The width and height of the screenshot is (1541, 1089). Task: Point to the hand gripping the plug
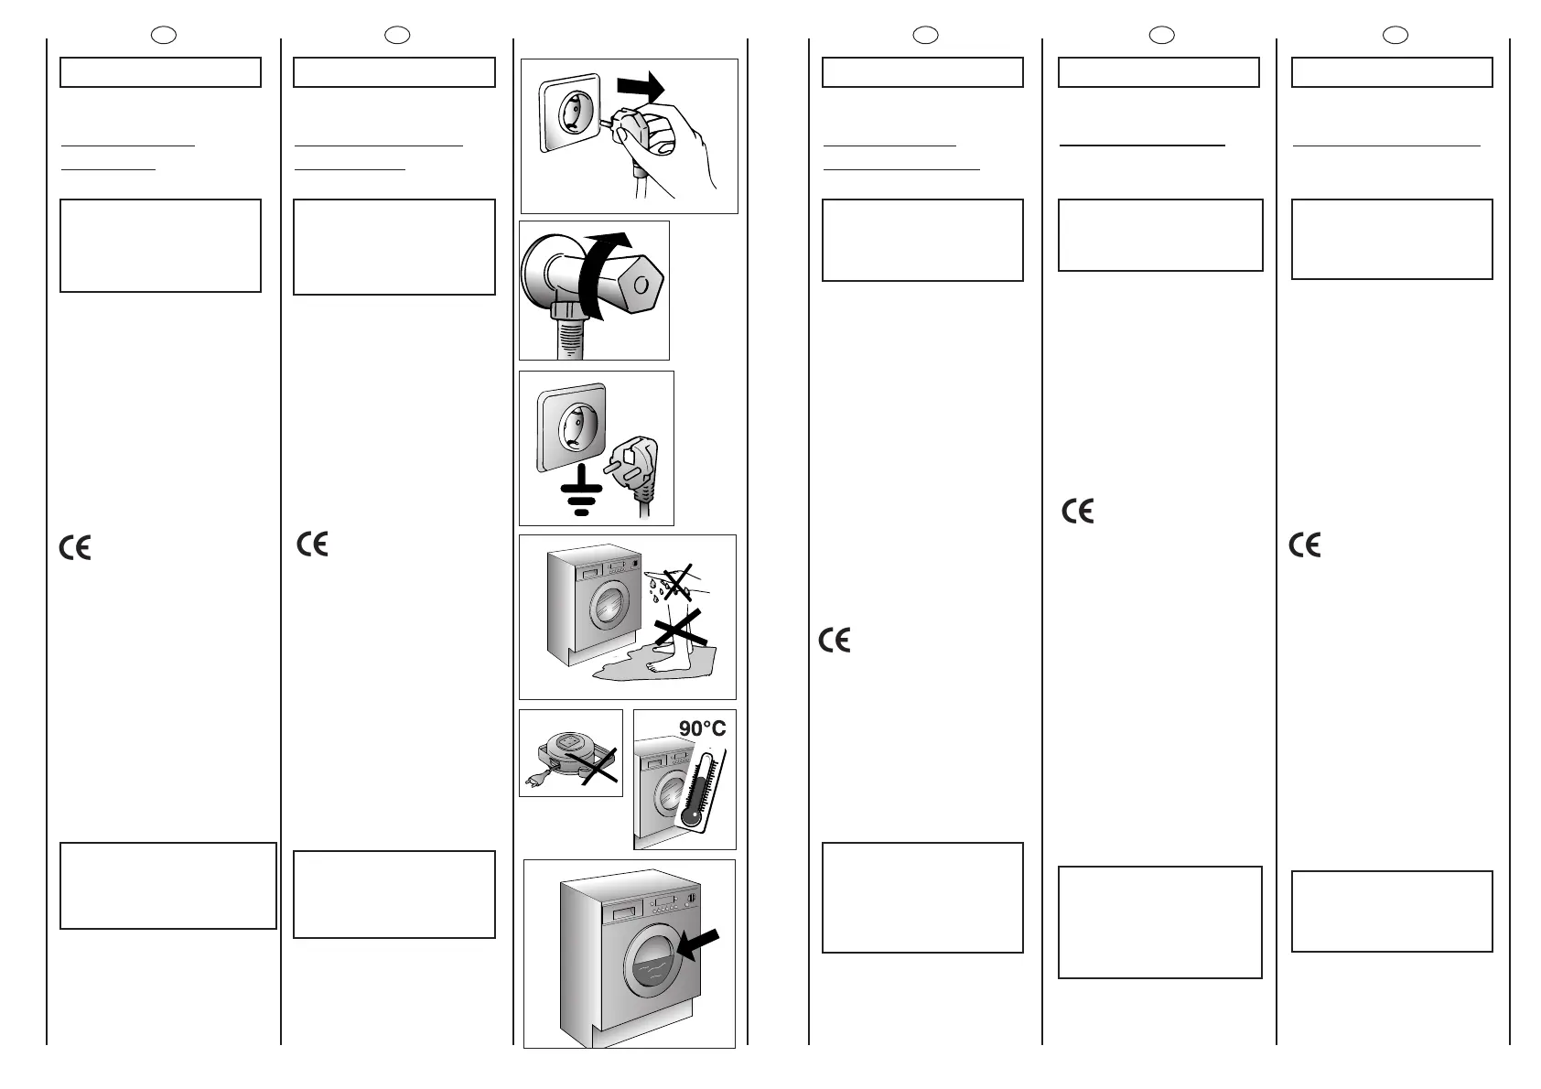(665, 137)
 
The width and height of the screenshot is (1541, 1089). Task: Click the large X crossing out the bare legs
(680, 631)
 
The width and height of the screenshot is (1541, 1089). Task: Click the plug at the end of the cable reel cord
(533, 781)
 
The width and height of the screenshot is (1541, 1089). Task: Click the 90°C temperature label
(702, 728)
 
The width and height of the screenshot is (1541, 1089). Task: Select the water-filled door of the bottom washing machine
(651, 965)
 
